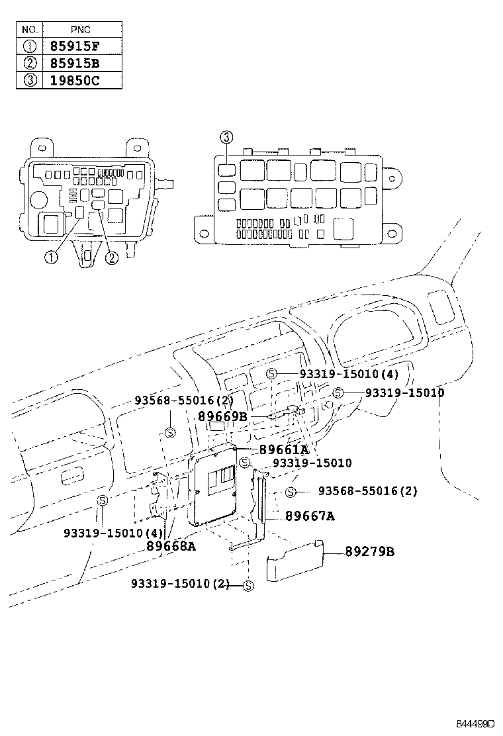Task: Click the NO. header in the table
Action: pos(30,30)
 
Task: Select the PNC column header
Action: pos(82,30)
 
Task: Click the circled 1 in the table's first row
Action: pos(30,47)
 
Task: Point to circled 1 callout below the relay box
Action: pos(51,257)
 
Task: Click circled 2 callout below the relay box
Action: pos(111,257)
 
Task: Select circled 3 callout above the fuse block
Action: pos(226,137)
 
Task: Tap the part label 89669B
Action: pos(222,416)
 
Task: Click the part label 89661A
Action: pos(284,450)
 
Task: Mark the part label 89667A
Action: pos(309,516)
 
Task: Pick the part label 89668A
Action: pos(171,546)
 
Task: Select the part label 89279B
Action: pos(369,551)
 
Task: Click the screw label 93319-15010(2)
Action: pos(180,583)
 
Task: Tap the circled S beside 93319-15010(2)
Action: pos(248,586)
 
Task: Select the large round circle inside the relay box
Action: pos(38,199)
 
